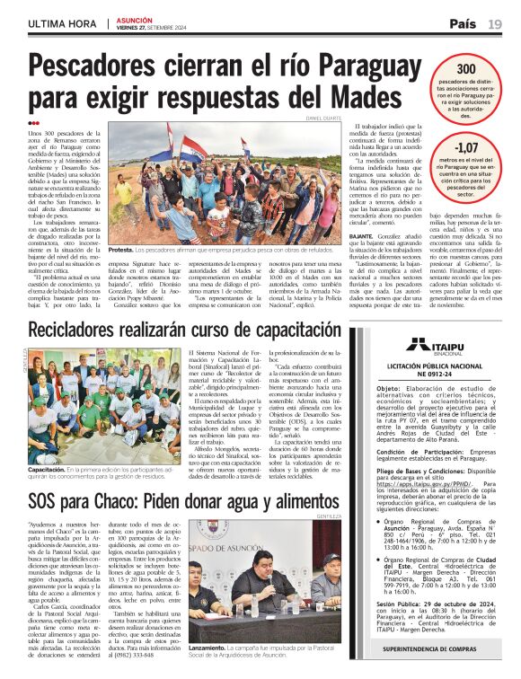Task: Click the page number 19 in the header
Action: tap(495, 24)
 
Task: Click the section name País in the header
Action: tap(464, 24)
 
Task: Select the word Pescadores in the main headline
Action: tap(111, 68)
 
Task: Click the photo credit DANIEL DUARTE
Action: tap(324, 118)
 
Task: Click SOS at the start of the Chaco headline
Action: tap(44, 500)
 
